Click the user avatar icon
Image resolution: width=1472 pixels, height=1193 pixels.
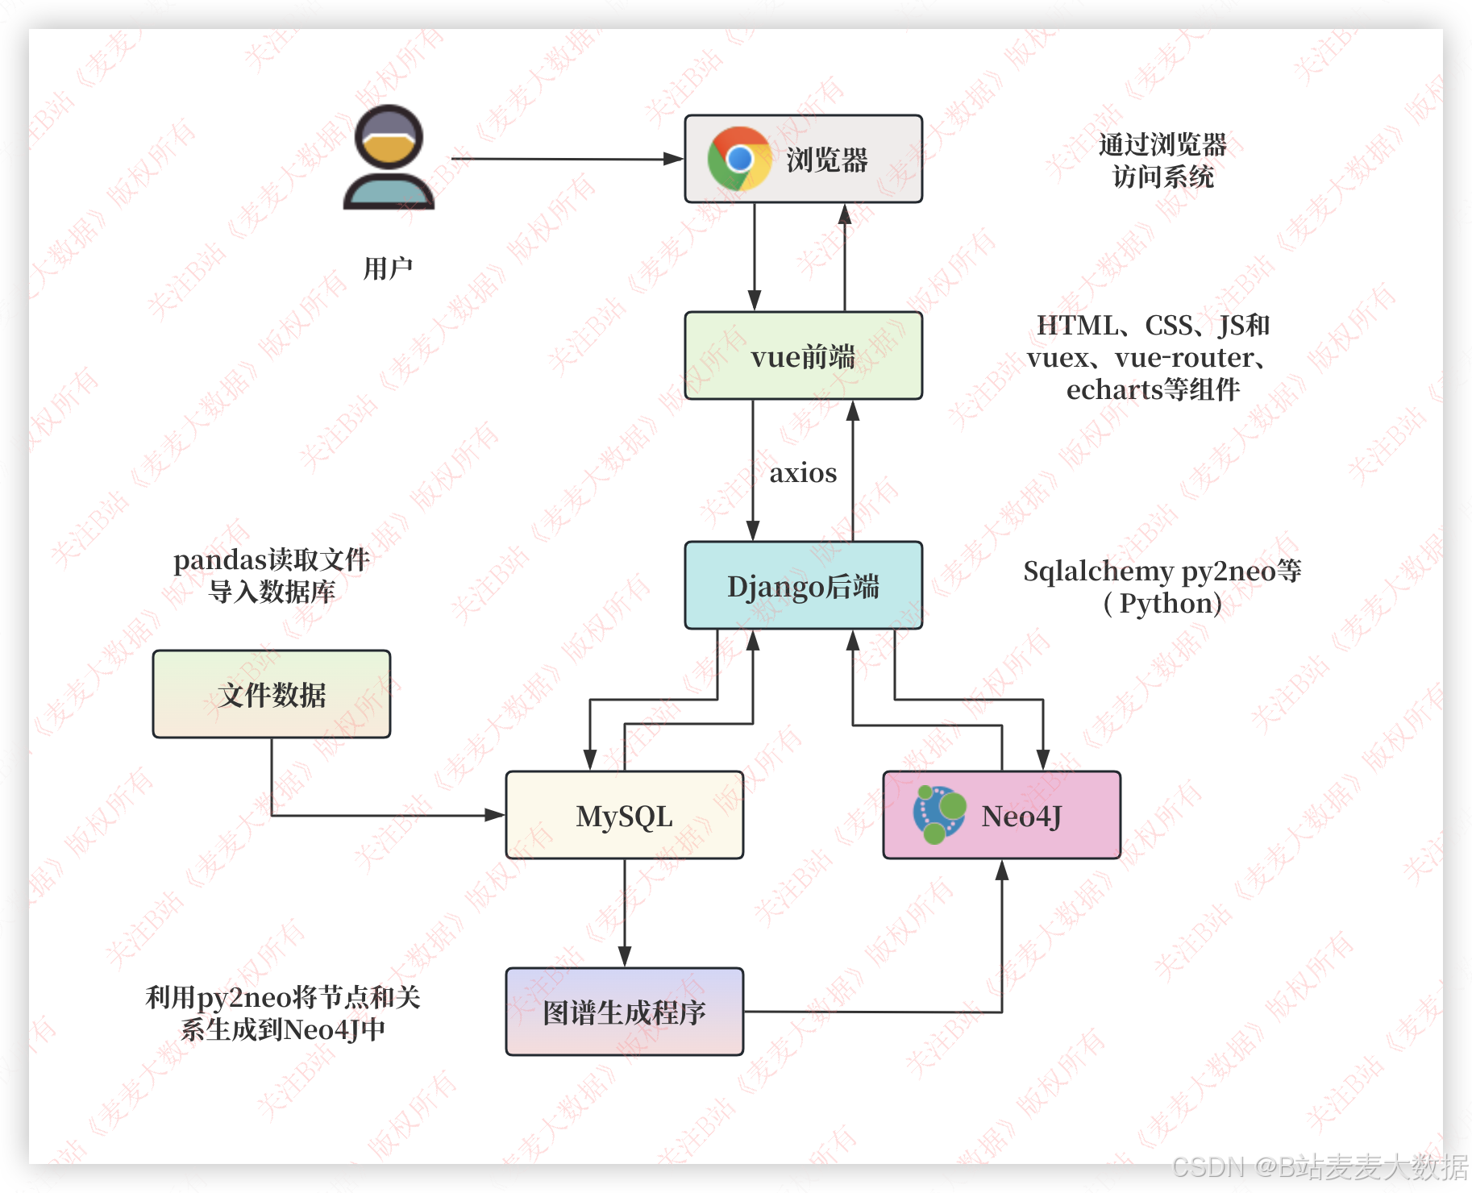point(389,158)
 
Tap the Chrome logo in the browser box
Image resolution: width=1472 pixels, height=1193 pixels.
point(738,159)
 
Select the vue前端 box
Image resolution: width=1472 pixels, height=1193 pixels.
point(803,355)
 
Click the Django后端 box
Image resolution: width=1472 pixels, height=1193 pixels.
point(803,585)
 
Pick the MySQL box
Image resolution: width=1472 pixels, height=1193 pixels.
point(624,815)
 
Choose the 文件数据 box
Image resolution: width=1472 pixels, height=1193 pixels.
point(272,694)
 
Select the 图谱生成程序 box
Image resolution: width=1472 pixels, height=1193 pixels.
point(624,1012)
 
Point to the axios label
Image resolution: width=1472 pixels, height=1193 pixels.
point(803,472)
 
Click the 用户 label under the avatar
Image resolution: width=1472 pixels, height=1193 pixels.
point(388,268)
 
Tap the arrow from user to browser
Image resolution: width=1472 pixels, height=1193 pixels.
point(564,159)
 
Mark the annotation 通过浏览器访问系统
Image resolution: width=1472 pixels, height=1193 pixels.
point(1162,160)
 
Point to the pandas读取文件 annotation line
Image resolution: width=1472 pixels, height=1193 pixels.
point(272,559)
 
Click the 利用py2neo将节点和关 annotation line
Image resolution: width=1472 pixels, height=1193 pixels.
point(283,997)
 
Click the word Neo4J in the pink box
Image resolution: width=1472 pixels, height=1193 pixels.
point(1021,816)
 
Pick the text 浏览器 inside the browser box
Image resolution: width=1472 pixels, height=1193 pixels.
point(827,160)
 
